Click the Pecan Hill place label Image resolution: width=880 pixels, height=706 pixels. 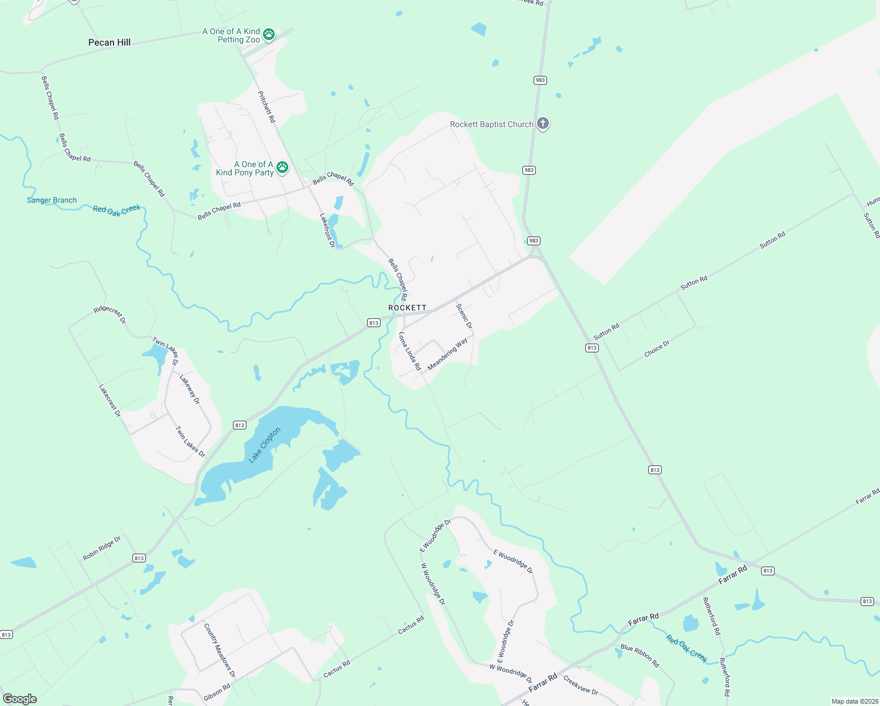click(109, 42)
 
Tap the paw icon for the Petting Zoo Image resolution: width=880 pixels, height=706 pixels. click(269, 35)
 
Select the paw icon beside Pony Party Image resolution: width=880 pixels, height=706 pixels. click(282, 168)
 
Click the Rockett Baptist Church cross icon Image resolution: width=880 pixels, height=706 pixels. click(543, 124)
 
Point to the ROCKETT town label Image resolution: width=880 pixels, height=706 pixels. click(407, 308)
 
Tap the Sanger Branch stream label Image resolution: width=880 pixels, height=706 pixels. click(52, 200)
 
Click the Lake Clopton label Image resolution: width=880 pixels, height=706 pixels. click(265, 445)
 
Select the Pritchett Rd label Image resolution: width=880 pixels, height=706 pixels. click(266, 106)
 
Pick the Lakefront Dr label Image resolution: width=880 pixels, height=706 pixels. click(327, 230)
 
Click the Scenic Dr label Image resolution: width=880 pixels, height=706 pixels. click(464, 316)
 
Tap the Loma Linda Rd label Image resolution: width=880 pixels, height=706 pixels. click(410, 351)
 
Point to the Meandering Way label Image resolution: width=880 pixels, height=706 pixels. click(448, 354)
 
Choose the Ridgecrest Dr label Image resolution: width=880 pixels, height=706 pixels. click(109, 315)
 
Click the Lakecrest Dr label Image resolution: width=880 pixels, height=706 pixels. click(109, 401)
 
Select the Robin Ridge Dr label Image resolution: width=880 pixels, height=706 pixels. click(102, 548)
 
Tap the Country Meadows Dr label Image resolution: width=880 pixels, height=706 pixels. click(219, 650)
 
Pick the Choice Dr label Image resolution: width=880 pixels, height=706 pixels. click(656, 348)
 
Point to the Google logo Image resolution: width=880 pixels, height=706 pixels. click(20, 698)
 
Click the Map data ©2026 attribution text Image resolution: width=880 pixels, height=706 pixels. click(855, 701)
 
